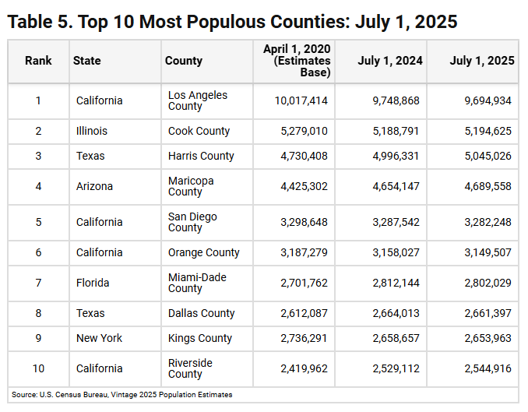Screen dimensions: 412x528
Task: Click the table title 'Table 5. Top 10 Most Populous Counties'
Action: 232,21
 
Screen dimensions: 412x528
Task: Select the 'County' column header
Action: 184,61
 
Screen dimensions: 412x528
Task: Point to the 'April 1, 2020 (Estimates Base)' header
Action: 297,61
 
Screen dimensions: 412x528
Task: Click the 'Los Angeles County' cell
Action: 198,100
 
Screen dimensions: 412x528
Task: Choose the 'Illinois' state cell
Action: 92,131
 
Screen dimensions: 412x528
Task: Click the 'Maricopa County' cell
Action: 191,186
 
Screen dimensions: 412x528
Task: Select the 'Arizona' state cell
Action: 94,186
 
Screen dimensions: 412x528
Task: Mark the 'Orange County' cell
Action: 204,252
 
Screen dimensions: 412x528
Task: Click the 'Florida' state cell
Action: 93,283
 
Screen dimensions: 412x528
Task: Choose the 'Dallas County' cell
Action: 201,313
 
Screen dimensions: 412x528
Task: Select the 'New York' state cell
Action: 99,338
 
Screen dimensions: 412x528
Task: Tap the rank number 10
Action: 38,368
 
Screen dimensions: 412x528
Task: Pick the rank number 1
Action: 38,100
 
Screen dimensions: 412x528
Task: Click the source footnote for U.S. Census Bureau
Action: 121,395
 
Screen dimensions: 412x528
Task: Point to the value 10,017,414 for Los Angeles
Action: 301,100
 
